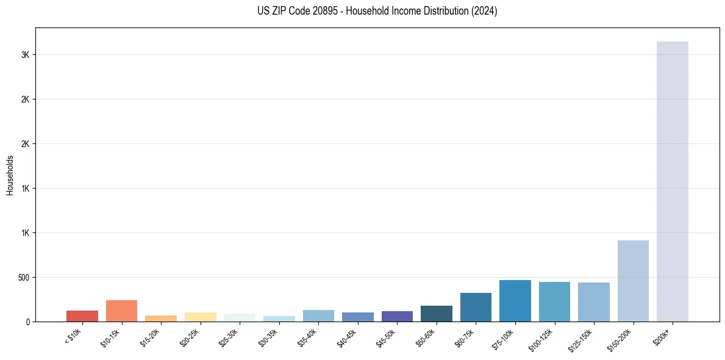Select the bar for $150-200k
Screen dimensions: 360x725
[633, 281]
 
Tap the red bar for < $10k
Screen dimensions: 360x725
[82, 316]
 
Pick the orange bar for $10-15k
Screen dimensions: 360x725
[121, 311]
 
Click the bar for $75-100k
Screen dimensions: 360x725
[515, 301]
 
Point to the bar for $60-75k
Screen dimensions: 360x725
[476, 307]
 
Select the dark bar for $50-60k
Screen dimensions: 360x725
[437, 314]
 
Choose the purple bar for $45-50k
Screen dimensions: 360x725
[397, 316]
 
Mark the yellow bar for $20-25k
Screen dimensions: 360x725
[201, 317]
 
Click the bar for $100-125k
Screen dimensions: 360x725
[554, 301]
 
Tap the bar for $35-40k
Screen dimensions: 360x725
[318, 315]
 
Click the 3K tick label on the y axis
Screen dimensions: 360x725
[25, 55]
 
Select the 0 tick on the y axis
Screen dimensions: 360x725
[27, 322]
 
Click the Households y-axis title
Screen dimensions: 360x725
[10, 175]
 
